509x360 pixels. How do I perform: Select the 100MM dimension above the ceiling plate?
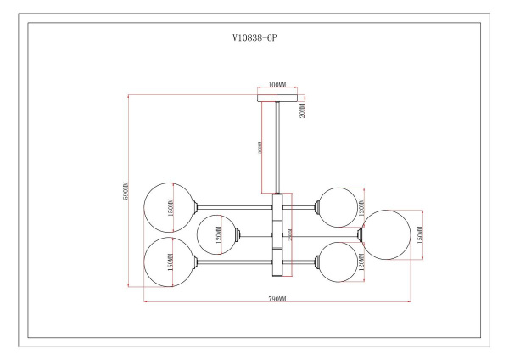point(275,86)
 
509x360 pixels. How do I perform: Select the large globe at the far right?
point(388,233)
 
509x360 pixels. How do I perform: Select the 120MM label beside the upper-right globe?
point(361,204)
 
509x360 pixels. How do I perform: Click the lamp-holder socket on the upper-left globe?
point(198,206)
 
